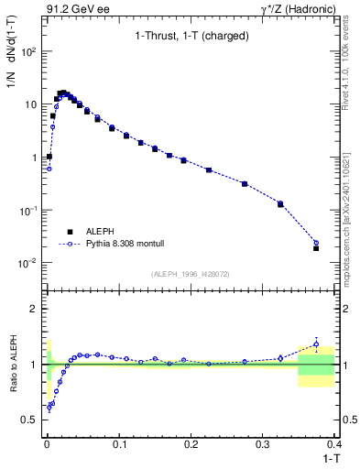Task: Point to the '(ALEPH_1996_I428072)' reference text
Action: tap(190, 273)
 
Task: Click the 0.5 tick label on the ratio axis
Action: tap(32, 420)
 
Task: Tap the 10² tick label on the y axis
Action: tap(29, 51)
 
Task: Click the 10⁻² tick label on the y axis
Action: tap(29, 263)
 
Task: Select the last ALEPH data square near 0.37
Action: tap(316, 248)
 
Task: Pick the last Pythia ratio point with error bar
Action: tap(316, 344)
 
